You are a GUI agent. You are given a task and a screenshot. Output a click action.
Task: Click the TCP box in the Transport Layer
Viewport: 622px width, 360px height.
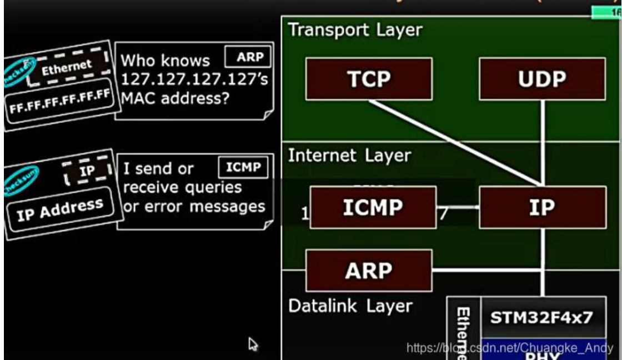pyautogui.click(x=369, y=79)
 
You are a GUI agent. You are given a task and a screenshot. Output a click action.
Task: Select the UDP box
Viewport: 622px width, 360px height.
pyautogui.click(x=542, y=79)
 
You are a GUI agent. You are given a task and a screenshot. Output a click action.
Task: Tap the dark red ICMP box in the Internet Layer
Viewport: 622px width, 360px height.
pyautogui.click(x=373, y=207)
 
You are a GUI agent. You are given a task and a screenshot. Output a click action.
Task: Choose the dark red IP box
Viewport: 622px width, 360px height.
pyautogui.click(x=542, y=207)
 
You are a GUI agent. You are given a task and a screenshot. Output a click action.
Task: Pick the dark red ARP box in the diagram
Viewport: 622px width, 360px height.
pyautogui.click(x=369, y=271)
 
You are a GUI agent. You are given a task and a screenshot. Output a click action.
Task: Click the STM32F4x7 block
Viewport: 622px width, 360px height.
pyautogui.click(x=541, y=318)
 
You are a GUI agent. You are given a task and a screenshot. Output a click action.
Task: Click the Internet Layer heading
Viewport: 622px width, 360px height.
pyautogui.click(x=349, y=155)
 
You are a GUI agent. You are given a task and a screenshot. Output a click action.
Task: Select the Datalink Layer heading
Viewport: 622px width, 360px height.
pyautogui.click(x=350, y=306)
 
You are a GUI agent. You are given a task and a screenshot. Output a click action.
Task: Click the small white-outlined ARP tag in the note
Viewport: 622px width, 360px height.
pyautogui.click(x=248, y=57)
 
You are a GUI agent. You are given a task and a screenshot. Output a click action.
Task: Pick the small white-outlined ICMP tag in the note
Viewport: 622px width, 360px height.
pyautogui.click(x=243, y=167)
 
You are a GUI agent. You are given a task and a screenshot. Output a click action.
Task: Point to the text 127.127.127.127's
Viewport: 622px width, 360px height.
pyautogui.click(x=194, y=79)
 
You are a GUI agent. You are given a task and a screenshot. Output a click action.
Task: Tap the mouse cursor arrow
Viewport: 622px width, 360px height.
pyautogui.click(x=253, y=344)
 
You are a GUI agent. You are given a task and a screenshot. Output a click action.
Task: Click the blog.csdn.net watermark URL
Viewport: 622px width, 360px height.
pyautogui.click(x=509, y=348)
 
